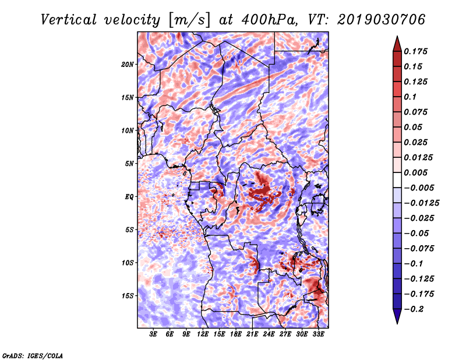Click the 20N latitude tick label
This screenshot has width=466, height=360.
[127, 65]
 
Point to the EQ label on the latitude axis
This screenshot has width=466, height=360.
[129, 197]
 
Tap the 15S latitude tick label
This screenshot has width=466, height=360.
[127, 296]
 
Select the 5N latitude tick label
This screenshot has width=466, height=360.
[129, 164]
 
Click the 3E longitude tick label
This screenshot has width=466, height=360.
[153, 334]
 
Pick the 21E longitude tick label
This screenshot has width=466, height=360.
[252, 334]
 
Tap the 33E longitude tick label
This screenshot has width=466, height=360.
[318, 334]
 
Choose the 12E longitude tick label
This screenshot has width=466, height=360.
[202, 334]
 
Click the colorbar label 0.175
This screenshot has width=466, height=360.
[415, 51]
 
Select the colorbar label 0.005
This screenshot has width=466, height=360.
[415, 172]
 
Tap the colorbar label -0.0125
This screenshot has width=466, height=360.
[421, 203]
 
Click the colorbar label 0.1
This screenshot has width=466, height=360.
[410, 97]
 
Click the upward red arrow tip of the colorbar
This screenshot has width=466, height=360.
[397, 37]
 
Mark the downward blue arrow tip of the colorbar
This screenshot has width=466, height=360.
[397, 323]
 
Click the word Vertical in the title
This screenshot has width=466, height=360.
[69, 20]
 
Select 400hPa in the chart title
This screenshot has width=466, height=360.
[269, 20]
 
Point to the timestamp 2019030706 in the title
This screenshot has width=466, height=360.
[382, 20]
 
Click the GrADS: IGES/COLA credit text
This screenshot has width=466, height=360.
[33, 355]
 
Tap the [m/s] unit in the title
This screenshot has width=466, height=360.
[189, 20]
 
